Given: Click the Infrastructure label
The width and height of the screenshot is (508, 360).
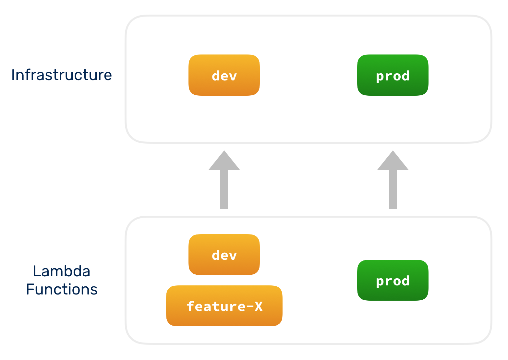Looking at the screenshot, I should [x=62, y=75].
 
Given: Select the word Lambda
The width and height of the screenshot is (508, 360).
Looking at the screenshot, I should [x=62, y=271].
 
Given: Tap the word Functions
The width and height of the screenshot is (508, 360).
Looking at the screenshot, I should [x=62, y=289].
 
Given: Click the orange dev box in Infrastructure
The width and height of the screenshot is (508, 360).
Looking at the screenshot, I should [x=224, y=75].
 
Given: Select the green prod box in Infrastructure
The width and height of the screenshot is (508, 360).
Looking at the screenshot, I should [x=393, y=75].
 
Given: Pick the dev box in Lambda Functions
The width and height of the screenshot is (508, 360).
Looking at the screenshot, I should [x=224, y=255].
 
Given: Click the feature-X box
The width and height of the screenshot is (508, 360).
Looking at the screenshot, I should [x=224, y=306].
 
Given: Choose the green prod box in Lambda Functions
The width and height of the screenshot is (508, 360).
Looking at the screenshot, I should [x=393, y=280].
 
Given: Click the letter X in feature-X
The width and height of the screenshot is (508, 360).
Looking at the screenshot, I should [x=259, y=306].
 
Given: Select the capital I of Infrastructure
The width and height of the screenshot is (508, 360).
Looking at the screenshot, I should [x=13, y=75].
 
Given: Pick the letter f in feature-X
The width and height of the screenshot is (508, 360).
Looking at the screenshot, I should [x=190, y=306].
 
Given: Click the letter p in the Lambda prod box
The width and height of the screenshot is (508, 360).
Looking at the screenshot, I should [x=380, y=282].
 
